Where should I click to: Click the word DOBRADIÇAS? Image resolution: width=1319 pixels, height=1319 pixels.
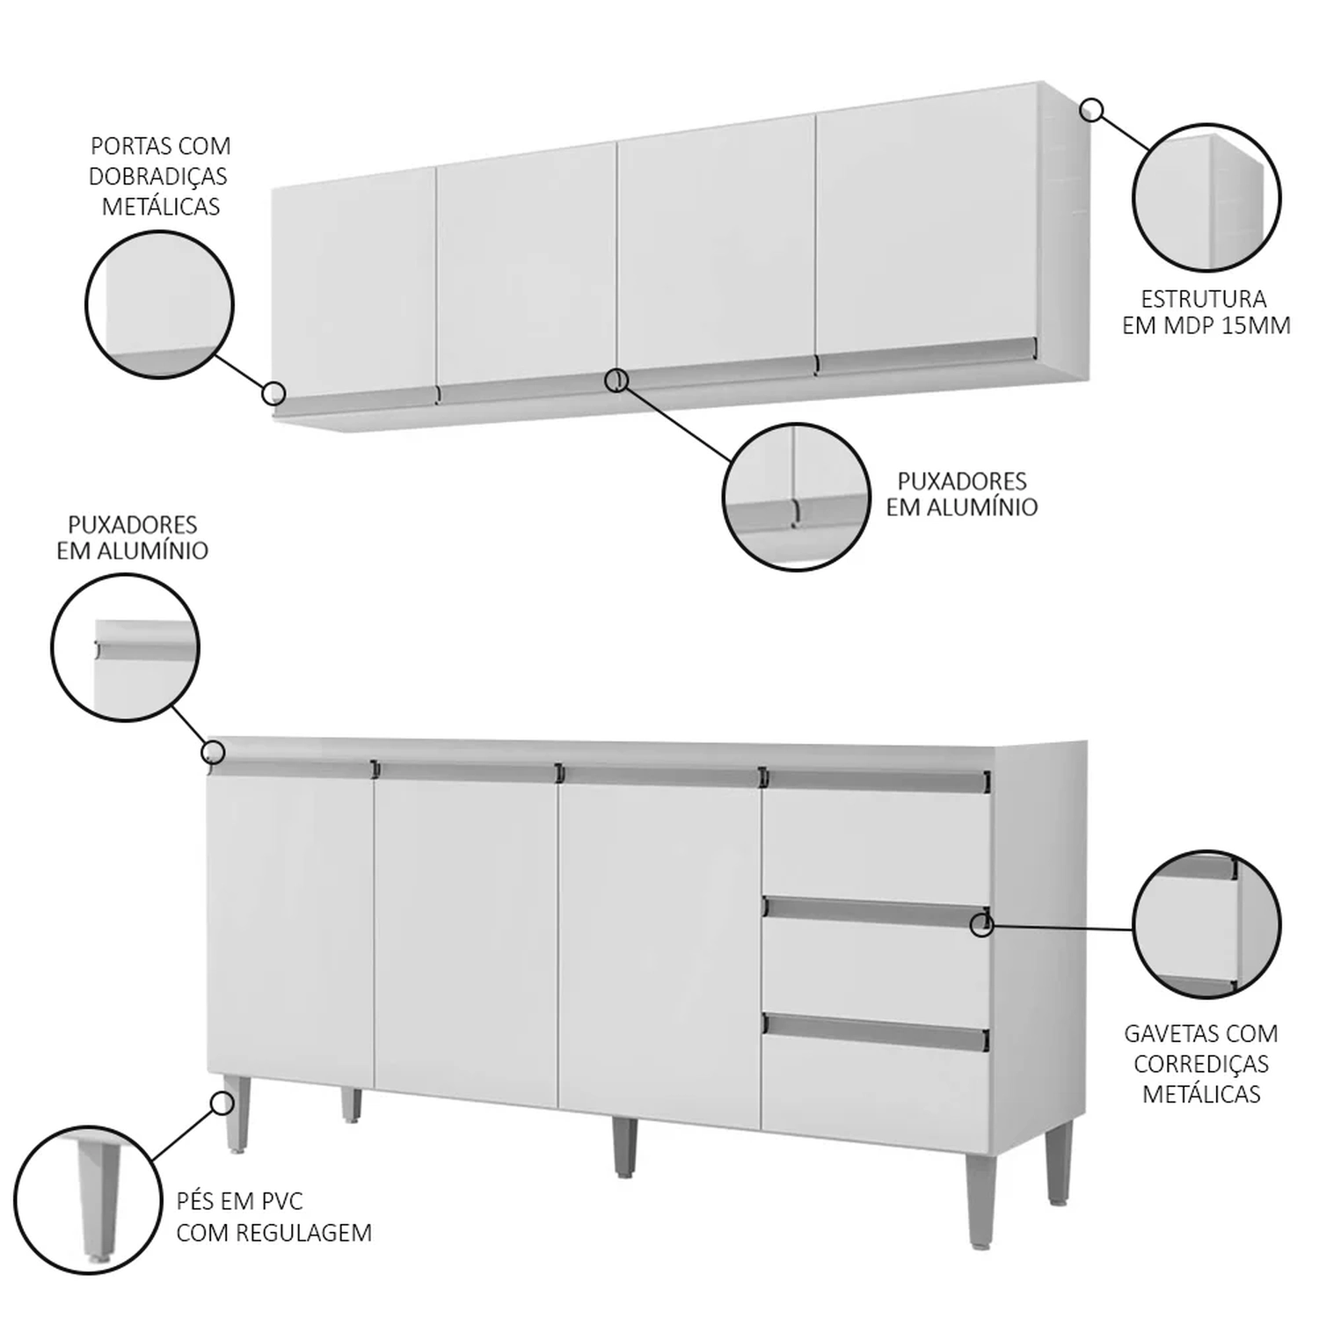(158, 176)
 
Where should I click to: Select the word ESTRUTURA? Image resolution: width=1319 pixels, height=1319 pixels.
(1204, 299)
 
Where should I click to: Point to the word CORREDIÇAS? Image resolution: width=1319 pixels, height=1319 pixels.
(1201, 1064)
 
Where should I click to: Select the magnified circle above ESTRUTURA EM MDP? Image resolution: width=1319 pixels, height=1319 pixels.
(1206, 197)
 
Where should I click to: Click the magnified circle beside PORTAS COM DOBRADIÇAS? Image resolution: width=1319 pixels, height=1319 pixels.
(159, 305)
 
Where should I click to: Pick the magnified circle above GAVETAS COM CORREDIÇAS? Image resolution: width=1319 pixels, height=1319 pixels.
(1206, 924)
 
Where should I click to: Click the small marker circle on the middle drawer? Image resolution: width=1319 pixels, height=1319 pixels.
(982, 925)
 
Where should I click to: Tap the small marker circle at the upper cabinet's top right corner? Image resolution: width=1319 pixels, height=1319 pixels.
(1091, 110)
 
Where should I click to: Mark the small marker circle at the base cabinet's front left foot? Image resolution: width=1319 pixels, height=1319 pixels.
(222, 1103)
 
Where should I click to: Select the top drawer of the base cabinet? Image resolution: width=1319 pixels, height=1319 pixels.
(876, 835)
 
